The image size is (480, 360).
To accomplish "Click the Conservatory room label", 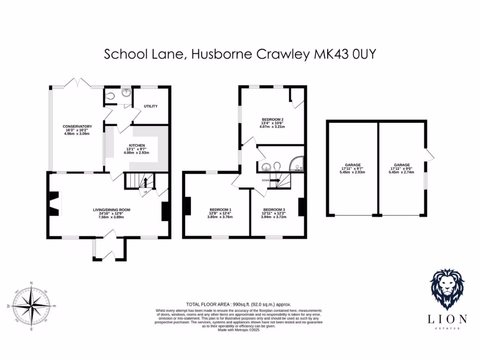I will pos(77,127).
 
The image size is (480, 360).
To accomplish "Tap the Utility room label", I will pos(150,106).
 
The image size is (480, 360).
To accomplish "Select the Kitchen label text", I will pos(137,146).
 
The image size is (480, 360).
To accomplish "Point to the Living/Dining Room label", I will pos(111,210).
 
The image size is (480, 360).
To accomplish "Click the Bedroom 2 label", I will pos(272,120).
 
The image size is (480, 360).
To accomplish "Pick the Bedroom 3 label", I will pos(273,209).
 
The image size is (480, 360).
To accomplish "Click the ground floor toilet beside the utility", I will pos(110,96).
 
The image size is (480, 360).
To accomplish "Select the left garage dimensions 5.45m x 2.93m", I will pos(353,172).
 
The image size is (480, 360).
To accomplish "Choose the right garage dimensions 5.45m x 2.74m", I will pos(402,172).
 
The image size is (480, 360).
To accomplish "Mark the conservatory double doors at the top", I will pos(78,83).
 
